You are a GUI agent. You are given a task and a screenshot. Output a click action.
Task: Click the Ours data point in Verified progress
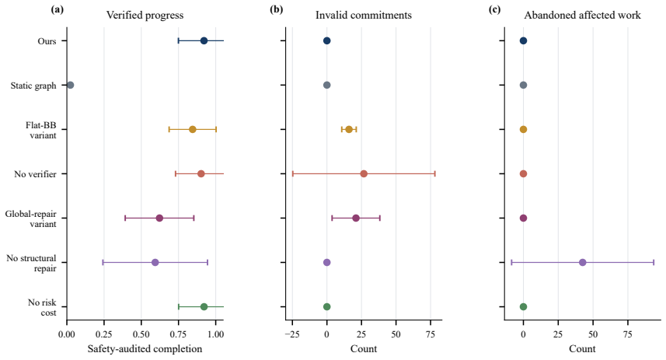[x=204, y=40]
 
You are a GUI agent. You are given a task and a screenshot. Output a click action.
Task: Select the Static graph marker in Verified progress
[x=71, y=85]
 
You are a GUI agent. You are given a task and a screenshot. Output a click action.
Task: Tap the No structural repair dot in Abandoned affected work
[x=582, y=262]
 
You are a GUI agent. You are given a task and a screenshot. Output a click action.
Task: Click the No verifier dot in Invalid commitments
[x=364, y=174]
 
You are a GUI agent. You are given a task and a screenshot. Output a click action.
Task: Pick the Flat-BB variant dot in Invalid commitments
[x=349, y=129]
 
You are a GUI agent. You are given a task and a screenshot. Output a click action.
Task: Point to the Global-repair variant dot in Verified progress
[x=159, y=218]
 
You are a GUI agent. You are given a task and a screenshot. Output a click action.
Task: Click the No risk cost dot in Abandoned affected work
[x=523, y=307]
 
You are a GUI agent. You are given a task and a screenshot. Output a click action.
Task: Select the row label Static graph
[x=33, y=86]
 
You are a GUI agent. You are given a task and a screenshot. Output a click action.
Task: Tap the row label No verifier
[x=35, y=174]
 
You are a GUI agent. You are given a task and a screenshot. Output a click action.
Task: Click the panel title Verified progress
[x=145, y=16]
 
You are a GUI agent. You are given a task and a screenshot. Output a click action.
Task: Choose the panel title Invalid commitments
[x=364, y=16]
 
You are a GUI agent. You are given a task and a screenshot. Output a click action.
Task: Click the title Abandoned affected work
[x=582, y=16]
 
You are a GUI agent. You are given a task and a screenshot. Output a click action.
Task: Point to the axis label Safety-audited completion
[x=145, y=349]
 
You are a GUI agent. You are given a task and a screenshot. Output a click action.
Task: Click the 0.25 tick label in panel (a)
[x=104, y=334]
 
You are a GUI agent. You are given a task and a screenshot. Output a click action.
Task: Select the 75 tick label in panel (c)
[x=628, y=334]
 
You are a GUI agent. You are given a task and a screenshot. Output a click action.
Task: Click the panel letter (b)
[x=276, y=10]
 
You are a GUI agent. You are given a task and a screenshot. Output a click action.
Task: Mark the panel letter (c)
[x=494, y=10]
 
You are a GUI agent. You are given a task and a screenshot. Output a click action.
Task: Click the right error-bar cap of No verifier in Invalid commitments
[x=435, y=174]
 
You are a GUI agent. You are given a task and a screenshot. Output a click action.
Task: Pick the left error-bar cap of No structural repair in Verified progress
[x=103, y=262]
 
